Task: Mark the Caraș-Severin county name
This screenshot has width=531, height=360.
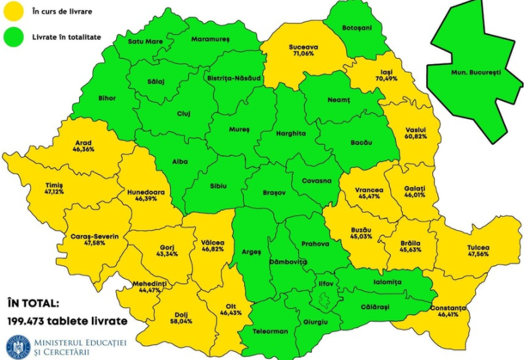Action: pos(95,236)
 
